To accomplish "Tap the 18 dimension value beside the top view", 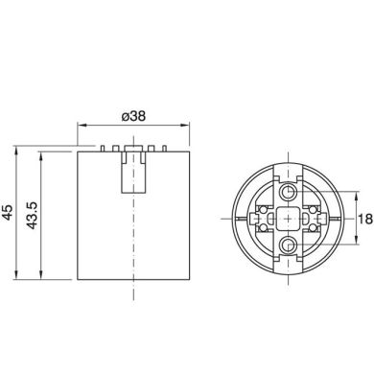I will coord(363,219).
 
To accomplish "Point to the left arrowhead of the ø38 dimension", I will coord(80,125).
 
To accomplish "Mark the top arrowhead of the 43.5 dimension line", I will coord(40,154).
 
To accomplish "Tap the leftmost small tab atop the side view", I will coord(100,149).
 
